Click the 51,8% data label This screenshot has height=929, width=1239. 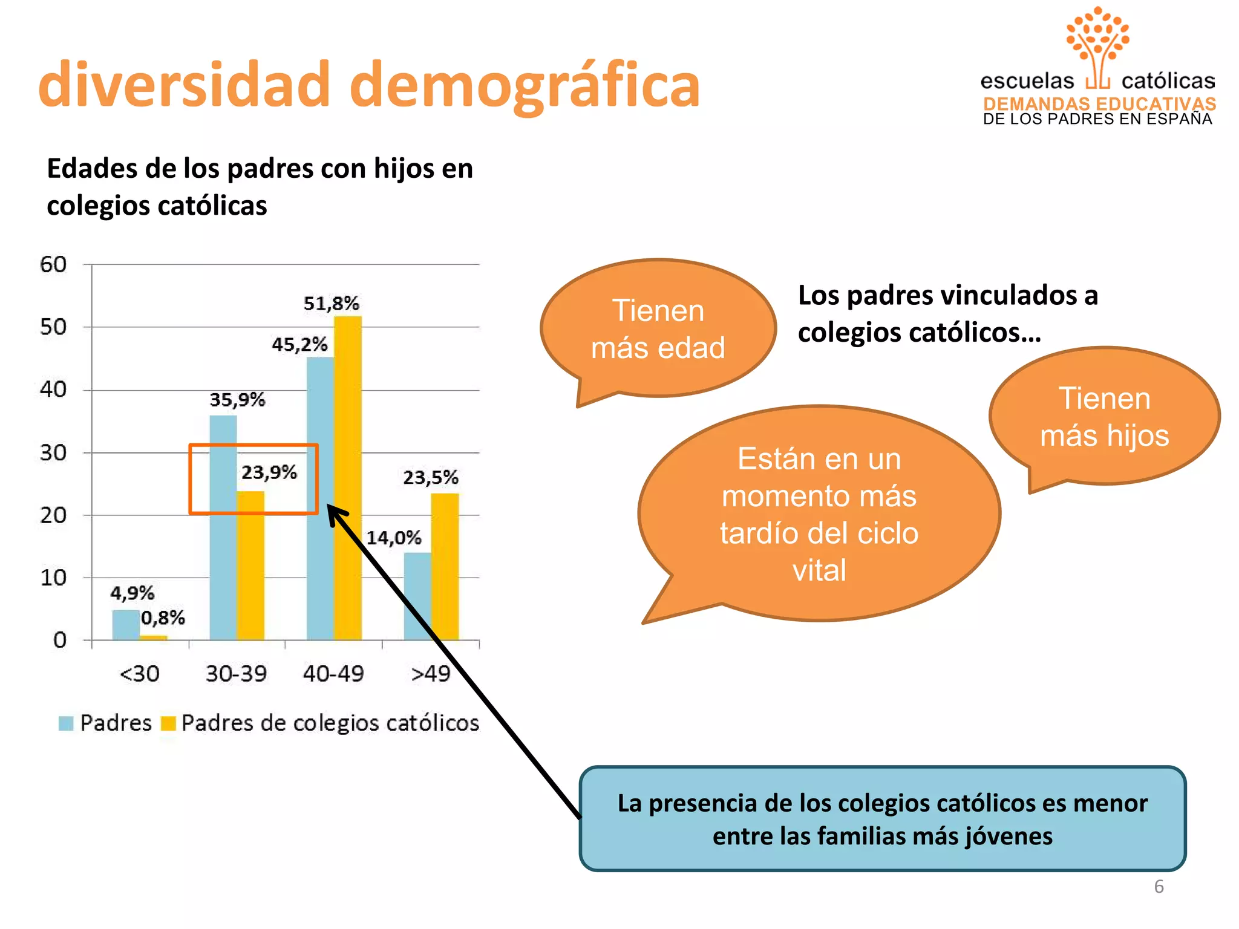coord(331,303)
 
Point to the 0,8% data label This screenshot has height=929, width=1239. coord(163,618)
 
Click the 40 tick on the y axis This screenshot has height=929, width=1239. coord(53,389)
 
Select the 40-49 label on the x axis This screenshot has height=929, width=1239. coord(333,673)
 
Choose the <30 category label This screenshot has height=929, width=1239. coord(139,673)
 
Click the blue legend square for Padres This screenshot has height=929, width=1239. coord(66,723)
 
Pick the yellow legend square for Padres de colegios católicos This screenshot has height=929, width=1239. coord(168,723)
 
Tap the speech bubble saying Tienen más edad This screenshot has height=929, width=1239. coord(658,328)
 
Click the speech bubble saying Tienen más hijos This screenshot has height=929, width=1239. coord(1104,416)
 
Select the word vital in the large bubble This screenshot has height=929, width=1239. coord(819,570)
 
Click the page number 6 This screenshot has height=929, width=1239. coord(1159,886)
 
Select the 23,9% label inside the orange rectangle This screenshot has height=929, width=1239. coord(269,472)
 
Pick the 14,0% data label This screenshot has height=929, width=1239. coord(394,537)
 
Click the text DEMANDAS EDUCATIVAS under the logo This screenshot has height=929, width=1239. coord(1099,103)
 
